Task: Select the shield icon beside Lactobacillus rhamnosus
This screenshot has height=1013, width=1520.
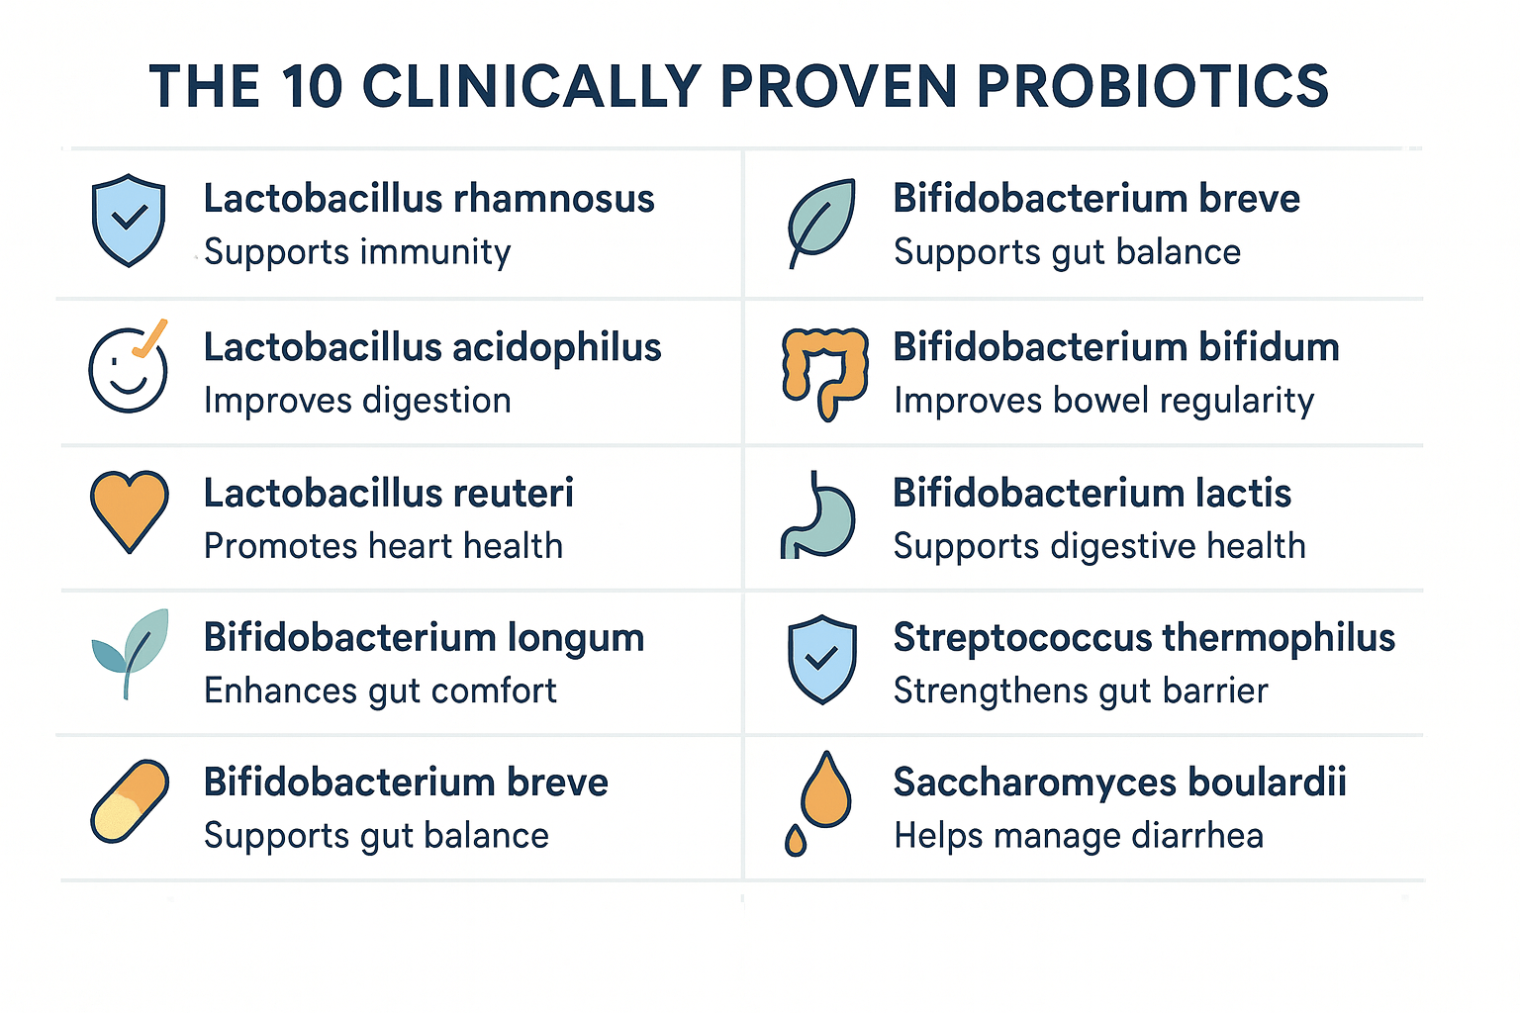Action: click(x=129, y=221)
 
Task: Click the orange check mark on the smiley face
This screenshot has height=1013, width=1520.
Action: click(x=150, y=338)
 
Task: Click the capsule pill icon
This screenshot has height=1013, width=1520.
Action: click(x=130, y=801)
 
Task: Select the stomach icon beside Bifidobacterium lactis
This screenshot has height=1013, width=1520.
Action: click(x=817, y=515)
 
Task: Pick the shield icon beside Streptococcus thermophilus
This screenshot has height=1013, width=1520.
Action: click(x=821, y=660)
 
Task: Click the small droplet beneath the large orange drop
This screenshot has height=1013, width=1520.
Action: click(x=796, y=841)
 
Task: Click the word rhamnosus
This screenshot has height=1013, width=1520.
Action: click(x=554, y=199)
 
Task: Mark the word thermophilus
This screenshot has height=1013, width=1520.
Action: click(x=1280, y=639)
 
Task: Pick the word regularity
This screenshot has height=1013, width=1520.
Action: click(x=1236, y=402)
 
